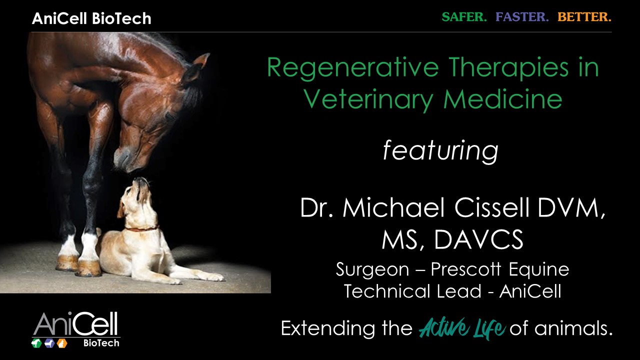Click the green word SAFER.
(x=464, y=17)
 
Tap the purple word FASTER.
(x=522, y=17)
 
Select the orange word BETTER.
(x=584, y=17)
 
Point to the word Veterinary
(x=368, y=99)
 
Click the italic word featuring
(x=440, y=151)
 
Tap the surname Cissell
(x=491, y=207)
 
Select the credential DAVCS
(x=479, y=239)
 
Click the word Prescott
(x=465, y=269)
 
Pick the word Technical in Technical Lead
(x=387, y=291)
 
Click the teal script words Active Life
(x=461, y=328)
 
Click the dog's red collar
(x=142, y=228)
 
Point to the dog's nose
(x=139, y=180)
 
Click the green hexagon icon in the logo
(x=36, y=343)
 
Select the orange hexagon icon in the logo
(x=61, y=343)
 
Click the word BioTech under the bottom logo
(x=101, y=343)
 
